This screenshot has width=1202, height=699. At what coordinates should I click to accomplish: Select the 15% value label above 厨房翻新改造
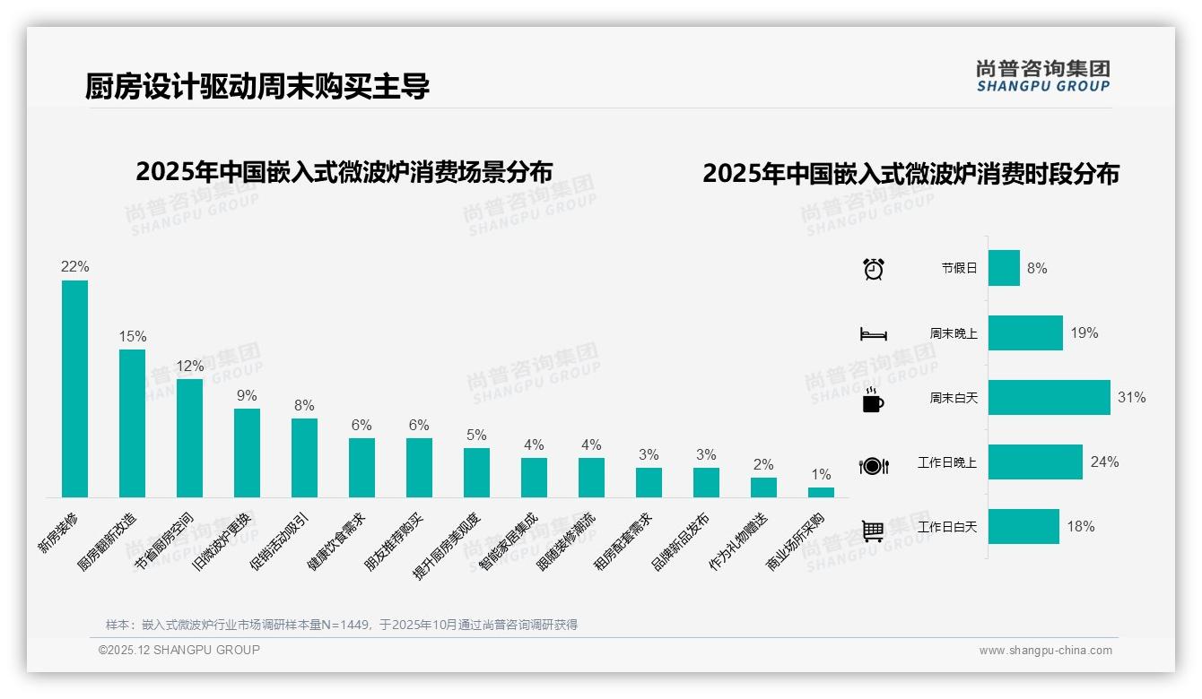[x=133, y=337]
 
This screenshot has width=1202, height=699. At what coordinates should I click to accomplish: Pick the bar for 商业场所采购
[x=821, y=492]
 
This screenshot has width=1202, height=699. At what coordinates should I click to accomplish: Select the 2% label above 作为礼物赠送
[x=763, y=465]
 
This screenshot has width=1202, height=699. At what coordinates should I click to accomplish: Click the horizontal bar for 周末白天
[x=1049, y=397]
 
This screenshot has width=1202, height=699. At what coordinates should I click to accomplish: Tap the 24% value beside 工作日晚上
[x=1104, y=462]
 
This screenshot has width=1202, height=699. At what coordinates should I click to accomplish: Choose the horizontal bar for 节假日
[x=1004, y=268]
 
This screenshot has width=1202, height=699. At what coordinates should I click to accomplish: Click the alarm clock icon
[x=873, y=269]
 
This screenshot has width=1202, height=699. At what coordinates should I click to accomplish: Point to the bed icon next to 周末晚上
[x=873, y=333]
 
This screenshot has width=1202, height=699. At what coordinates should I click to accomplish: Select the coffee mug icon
[x=873, y=399]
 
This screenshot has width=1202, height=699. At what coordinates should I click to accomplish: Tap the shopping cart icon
[x=873, y=531]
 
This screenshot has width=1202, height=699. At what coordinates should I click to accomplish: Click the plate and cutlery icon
[x=873, y=465]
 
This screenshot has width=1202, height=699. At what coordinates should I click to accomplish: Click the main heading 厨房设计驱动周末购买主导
[x=257, y=86]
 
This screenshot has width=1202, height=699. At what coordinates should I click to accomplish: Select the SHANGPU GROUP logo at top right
[x=1042, y=75]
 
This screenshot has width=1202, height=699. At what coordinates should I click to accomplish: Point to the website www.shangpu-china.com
[x=1045, y=651]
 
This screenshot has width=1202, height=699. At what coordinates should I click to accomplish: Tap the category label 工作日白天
[x=946, y=527]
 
